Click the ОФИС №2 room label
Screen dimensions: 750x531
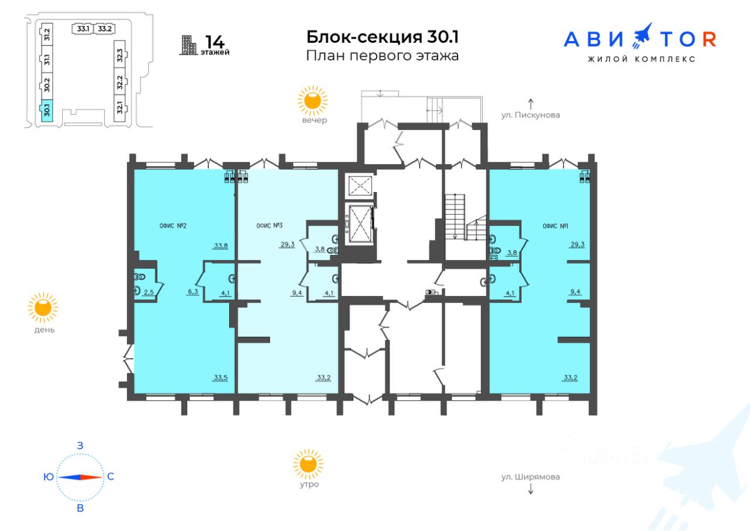tap(173, 226)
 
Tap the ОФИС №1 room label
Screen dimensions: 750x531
tap(555, 226)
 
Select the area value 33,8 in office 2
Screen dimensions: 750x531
tap(221, 246)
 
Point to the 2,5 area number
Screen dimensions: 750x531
tap(149, 292)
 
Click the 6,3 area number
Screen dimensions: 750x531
tap(193, 292)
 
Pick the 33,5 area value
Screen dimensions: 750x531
tap(221, 377)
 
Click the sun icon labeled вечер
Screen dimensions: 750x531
tap(312, 100)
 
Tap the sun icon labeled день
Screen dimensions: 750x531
tap(43, 307)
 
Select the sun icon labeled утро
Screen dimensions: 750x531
tap(308, 464)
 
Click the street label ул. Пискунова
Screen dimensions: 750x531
tap(530, 115)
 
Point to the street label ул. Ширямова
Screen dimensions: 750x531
tap(530, 476)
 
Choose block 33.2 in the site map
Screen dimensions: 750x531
tap(104, 29)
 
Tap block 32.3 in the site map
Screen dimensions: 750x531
tap(120, 55)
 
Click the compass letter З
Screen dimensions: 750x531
tap(80, 445)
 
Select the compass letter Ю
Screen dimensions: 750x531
tap(49, 476)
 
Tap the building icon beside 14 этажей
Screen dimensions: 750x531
tap(189, 45)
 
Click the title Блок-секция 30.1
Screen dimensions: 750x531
tap(383, 37)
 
